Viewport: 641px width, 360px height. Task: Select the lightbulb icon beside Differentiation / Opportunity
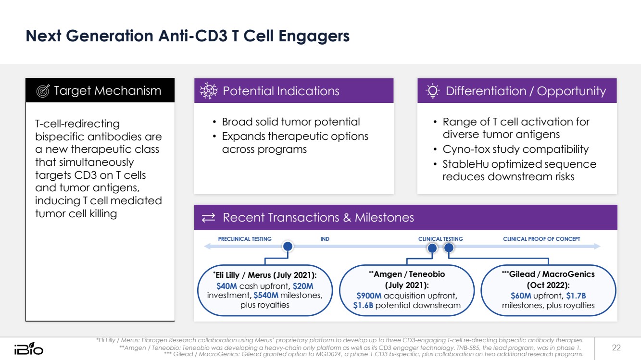click(433, 91)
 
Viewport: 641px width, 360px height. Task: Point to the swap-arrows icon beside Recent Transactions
click(208, 218)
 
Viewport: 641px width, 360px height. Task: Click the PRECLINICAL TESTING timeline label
click(245, 239)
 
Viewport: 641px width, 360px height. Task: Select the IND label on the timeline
click(325, 239)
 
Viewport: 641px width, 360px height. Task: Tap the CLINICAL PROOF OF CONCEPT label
click(541, 239)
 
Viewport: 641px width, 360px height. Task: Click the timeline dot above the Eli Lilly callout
click(288, 247)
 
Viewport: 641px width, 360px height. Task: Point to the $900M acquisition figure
click(369, 295)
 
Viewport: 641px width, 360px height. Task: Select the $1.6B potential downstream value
click(363, 305)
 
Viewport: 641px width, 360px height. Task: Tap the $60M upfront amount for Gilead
click(521, 295)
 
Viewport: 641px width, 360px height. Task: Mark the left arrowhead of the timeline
click(207, 247)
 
